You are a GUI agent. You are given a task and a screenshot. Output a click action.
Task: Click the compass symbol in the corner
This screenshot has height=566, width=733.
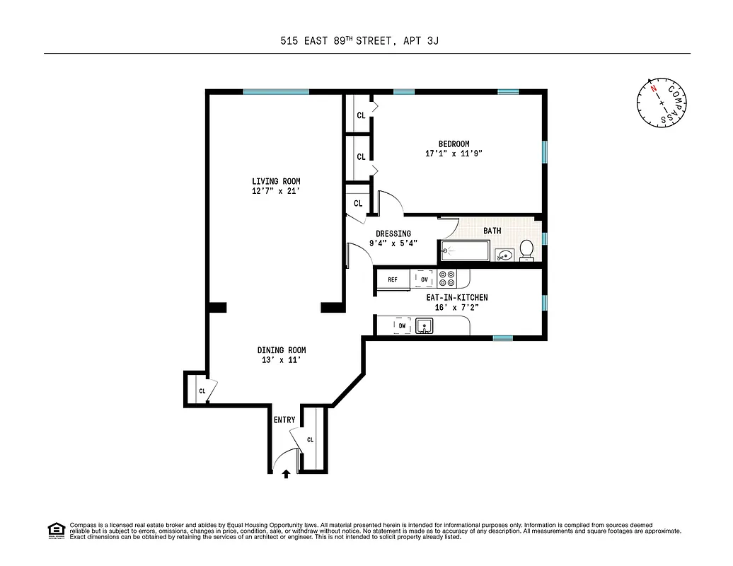pyautogui.click(x=662, y=103)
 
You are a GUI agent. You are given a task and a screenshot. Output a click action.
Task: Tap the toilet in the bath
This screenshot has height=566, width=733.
pyautogui.click(x=526, y=250)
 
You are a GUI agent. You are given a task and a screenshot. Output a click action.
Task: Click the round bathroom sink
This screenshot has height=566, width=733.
pyautogui.click(x=504, y=255)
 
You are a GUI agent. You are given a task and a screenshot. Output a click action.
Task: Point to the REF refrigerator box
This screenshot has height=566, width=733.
pyautogui.click(x=392, y=279)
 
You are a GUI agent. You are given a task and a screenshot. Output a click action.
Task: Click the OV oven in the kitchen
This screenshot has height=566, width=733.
pyautogui.click(x=425, y=279)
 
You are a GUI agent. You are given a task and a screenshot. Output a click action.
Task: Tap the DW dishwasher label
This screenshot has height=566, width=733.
pyautogui.click(x=402, y=325)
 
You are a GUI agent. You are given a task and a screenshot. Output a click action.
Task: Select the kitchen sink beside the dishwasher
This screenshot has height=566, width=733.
pyautogui.click(x=425, y=325)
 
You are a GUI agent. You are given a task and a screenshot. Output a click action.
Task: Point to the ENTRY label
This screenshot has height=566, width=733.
pyautogui.click(x=284, y=420)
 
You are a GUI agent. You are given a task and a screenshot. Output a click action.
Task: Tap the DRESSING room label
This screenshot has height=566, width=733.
pyautogui.click(x=393, y=233)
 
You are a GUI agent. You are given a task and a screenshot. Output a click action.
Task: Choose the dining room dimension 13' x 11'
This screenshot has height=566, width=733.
pyautogui.click(x=282, y=360)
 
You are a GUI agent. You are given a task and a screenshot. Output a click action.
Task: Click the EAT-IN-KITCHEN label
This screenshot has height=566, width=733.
pyautogui.click(x=456, y=298)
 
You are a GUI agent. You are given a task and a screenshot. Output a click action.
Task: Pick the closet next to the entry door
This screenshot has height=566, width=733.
pyautogui.click(x=311, y=439)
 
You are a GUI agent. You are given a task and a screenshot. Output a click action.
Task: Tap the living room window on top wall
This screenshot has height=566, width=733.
pyautogui.click(x=276, y=91)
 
